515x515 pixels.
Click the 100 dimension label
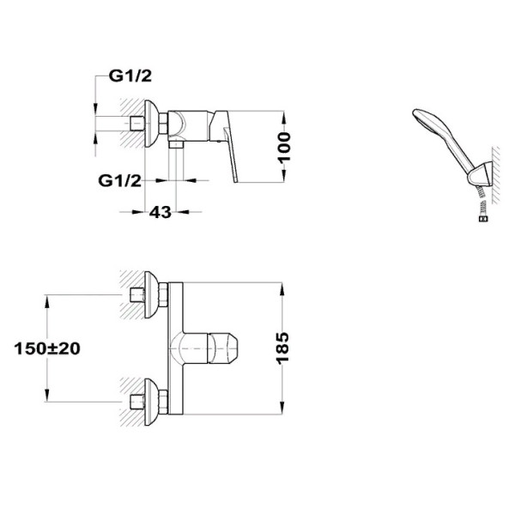click(x=284, y=147)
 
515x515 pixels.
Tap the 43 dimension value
click(x=161, y=212)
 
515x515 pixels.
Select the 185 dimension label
click(x=282, y=348)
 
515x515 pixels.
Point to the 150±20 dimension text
click(x=47, y=348)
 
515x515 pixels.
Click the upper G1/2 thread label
click(x=130, y=76)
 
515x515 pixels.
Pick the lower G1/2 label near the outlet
click(x=120, y=180)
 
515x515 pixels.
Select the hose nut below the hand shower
click(x=483, y=219)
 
